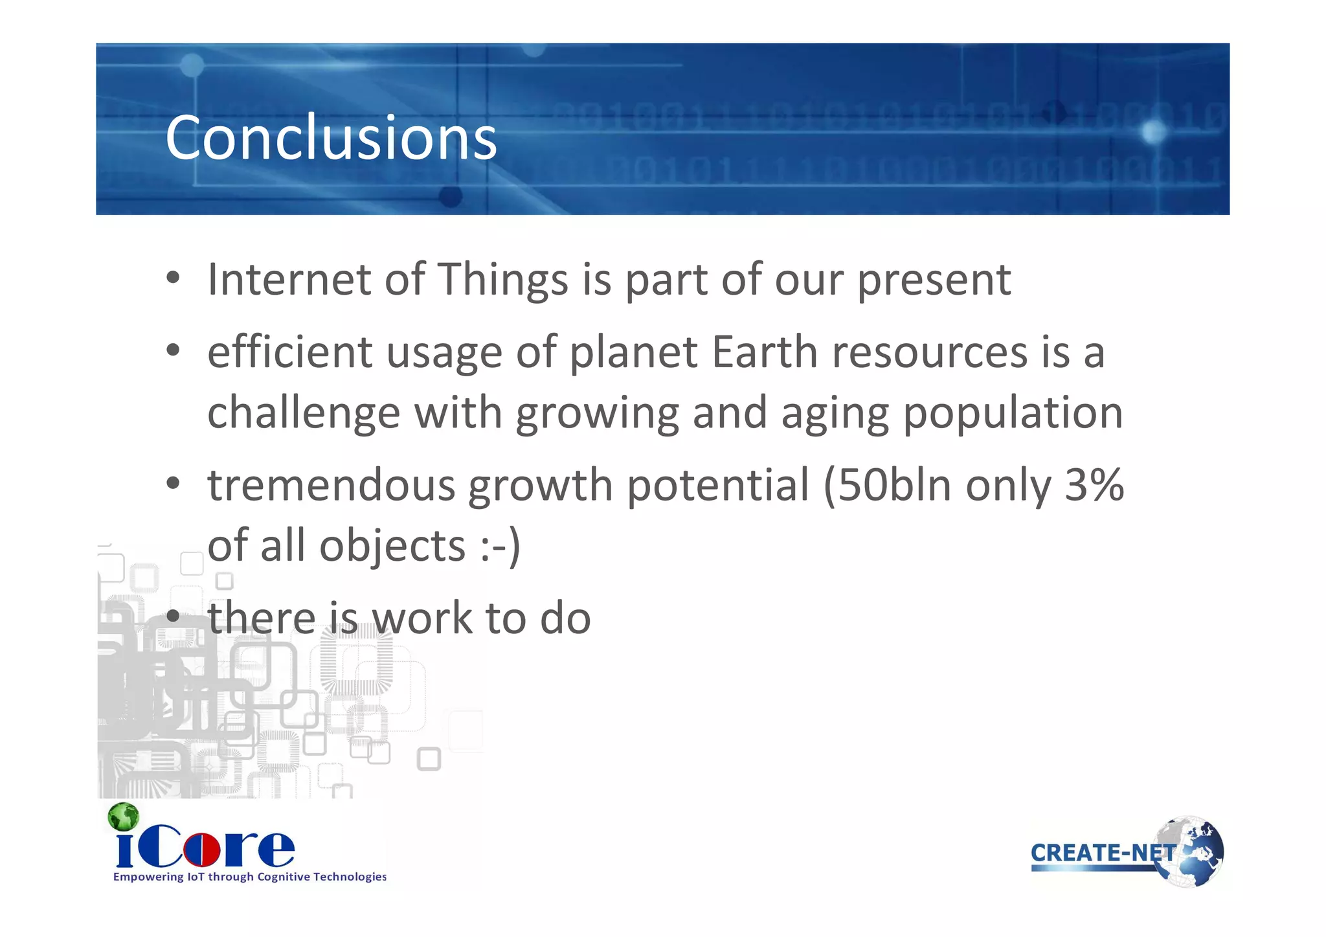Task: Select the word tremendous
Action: click(x=331, y=486)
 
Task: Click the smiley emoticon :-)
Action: click(x=500, y=546)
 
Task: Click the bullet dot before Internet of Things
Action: click(x=172, y=279)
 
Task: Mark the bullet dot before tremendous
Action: click(x=172, y=484)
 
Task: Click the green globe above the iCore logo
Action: click(x=124, y=817)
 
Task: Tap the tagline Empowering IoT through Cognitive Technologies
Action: click(x=250, y=877)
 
